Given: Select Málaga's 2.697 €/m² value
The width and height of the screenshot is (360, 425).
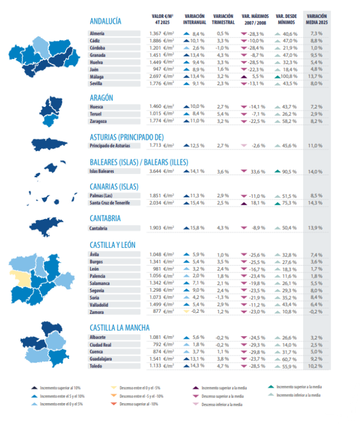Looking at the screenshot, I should coord(161,77).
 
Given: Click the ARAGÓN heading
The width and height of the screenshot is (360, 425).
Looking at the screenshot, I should coord(101,98).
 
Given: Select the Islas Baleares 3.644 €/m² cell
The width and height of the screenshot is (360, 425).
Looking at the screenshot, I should coord(161,171).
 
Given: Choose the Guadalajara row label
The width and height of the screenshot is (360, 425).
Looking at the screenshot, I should coord(101,359).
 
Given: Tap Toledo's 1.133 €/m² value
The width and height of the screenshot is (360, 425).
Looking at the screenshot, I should coord(161,366).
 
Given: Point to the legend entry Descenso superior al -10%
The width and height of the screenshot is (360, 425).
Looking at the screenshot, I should coord(138,404).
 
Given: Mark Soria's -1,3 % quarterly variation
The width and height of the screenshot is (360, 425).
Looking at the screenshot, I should coord(223,298).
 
